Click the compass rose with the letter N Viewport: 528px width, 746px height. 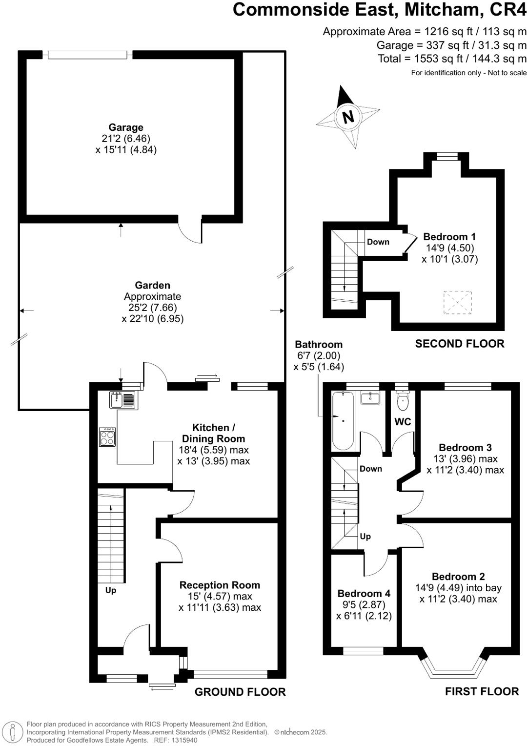click(348, 117)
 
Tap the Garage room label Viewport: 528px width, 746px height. click(126, 127)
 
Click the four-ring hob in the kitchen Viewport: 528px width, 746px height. click(107, 436)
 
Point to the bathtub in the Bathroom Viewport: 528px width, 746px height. click(343, 420)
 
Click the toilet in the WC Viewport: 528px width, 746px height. click(403, 402)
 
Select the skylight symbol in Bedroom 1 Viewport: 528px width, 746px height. click(457, 303)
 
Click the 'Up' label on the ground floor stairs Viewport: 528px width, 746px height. click(111, 590)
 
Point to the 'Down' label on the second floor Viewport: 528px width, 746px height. click(378, 242)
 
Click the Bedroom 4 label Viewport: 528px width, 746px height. click(364, 594)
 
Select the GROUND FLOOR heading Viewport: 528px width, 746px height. click(240, 692)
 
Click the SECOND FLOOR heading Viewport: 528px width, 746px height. click(460, 344)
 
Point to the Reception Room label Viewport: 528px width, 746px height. click(220, 585)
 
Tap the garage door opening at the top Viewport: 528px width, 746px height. click(88, 55)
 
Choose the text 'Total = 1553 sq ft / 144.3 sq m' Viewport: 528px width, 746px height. click(452, 59)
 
